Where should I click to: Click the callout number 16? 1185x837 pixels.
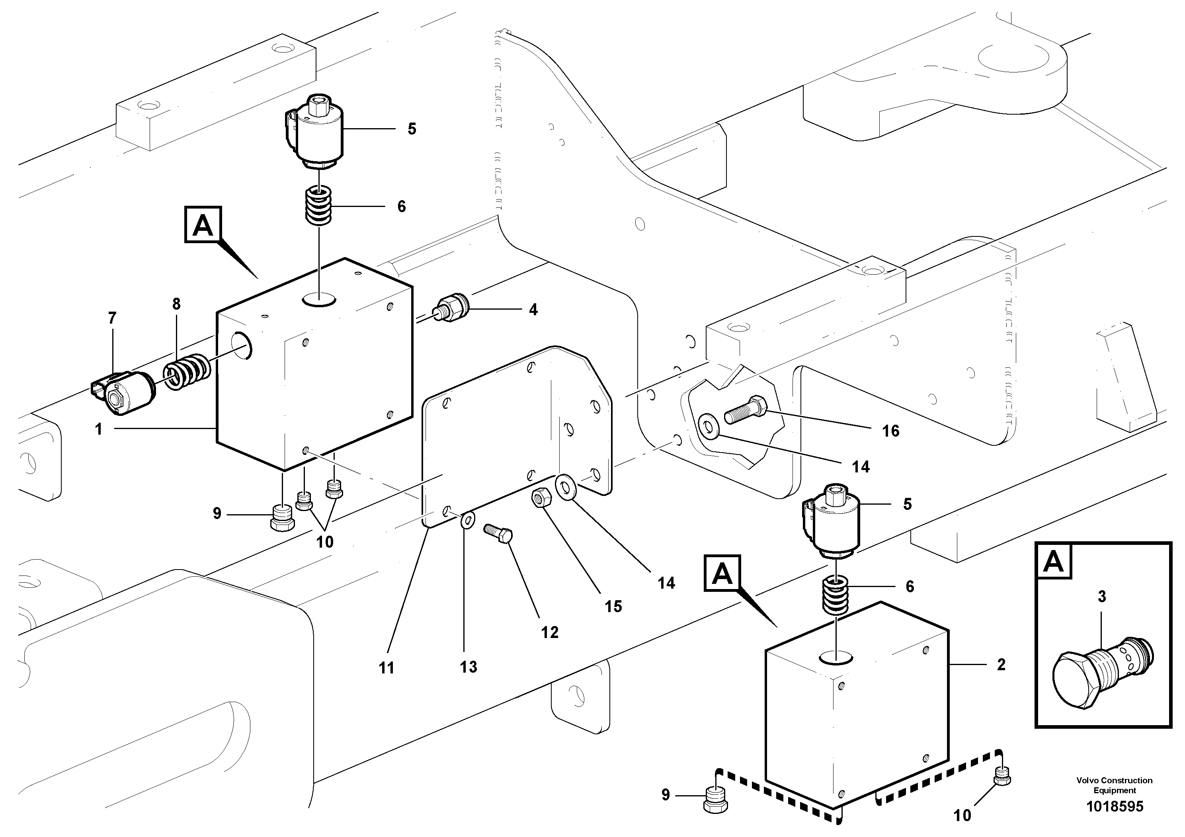click(890, 431)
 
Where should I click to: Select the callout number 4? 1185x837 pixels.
click(533, 310)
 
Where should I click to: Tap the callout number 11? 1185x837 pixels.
click(386, 668)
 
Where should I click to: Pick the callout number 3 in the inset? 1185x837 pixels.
click(1101, 597)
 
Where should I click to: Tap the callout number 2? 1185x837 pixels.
click(1001, 665)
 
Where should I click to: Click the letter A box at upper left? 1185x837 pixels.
click(202, 224)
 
